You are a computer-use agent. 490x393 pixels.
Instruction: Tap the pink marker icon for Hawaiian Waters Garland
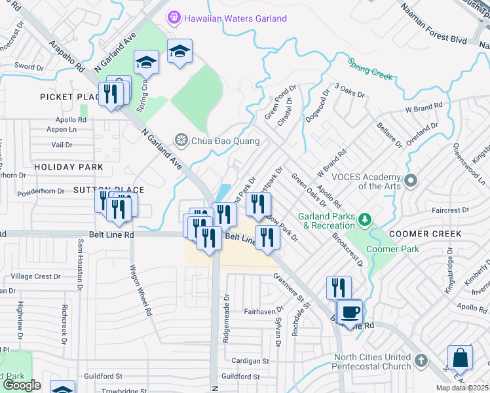[x=174, y=18]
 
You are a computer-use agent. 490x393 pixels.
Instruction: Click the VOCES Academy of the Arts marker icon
[x=411, y=179]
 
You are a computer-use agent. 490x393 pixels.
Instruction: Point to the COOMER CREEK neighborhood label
[x=424, y=234]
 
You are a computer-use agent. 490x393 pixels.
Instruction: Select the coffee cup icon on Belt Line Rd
[x=350, y=312]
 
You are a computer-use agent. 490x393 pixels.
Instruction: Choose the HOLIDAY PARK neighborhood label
[x=69, y=167]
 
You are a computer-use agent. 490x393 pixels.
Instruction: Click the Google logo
[x=22, y=385]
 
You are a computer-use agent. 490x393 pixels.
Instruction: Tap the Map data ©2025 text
[x=462, y=388]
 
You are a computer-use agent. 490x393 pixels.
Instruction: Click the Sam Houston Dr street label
[x=81, y=264]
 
